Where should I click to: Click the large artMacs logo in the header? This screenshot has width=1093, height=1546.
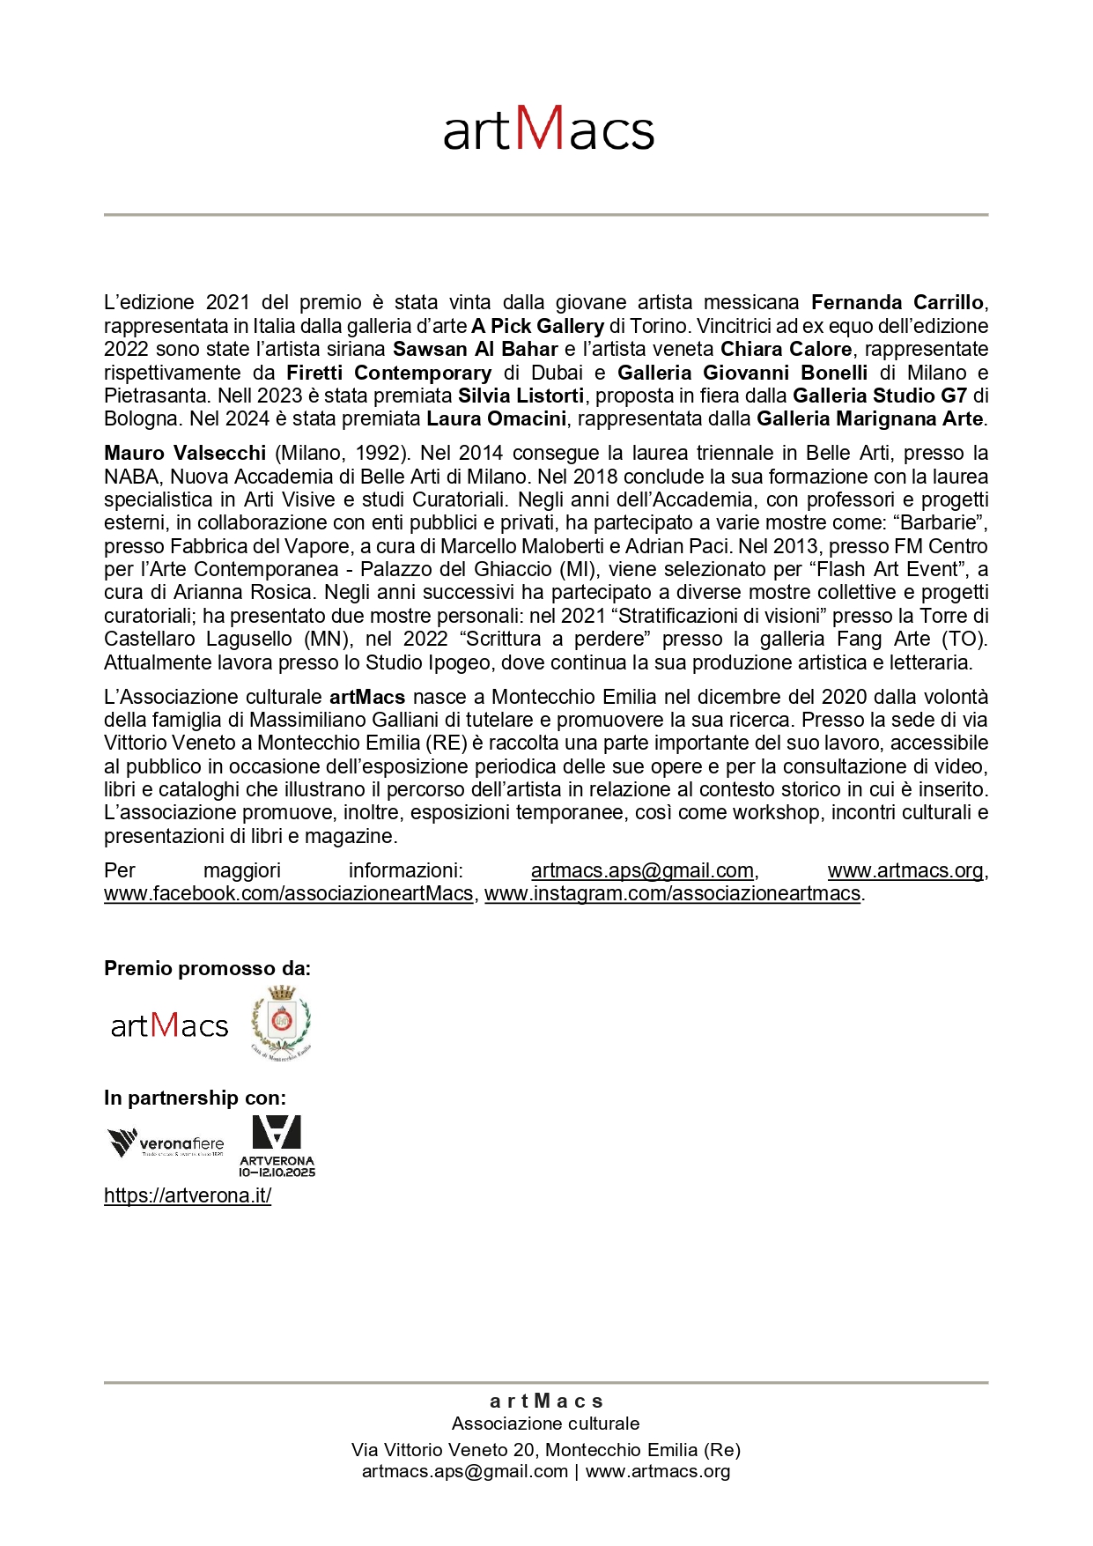click(548, 129)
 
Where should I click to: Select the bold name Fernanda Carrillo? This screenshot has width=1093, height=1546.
click(897, 303)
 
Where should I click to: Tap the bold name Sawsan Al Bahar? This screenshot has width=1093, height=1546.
click(475, 349)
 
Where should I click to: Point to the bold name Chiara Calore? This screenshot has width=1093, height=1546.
click(786, 349)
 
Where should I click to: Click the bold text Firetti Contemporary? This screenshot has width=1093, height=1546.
click(388, 373)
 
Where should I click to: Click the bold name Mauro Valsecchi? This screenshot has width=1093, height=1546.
click(185, 453)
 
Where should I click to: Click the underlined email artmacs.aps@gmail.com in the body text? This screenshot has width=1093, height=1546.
click(642, 870)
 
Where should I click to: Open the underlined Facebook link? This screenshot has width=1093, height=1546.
click(288, 893)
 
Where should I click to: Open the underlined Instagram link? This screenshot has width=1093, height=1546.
click(672, 893)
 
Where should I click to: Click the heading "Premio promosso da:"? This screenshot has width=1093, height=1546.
click(207, 968)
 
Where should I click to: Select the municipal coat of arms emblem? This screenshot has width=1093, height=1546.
click(281, 1022)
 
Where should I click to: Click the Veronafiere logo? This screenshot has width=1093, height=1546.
click(166, 1143)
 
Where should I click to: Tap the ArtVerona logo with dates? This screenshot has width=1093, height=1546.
click(277, 1145)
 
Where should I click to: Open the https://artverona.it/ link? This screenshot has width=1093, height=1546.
click(188, 1195)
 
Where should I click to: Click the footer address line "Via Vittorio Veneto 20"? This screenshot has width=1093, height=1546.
click(545, 1449)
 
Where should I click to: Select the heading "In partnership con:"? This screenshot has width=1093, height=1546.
click(195, 1098)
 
